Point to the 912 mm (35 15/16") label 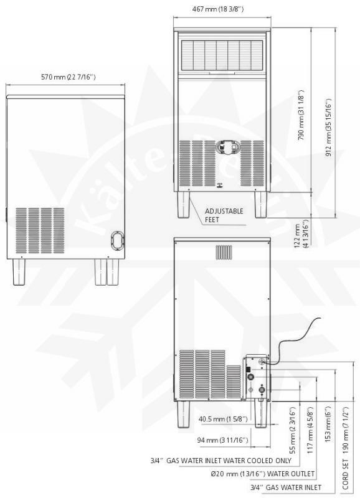pyautogui.click(x=328, y=129)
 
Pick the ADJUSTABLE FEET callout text pyautogui.click(x=224, y=215)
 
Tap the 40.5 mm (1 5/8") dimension pyautogui.click(x=221, y=419)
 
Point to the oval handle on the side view pyautogui.click(x=116, y=240)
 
